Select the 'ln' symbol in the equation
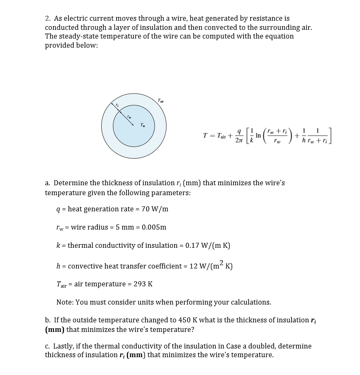pyautogui.click(x=258, y=135)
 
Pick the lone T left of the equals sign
pyautogui.click(x=205, y=135)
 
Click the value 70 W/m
pyautogui.click(x=155, y=209)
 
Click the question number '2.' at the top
pyautogui.click(x=48, y=18)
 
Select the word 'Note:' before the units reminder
pyautogui.click(x=65, y=302)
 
